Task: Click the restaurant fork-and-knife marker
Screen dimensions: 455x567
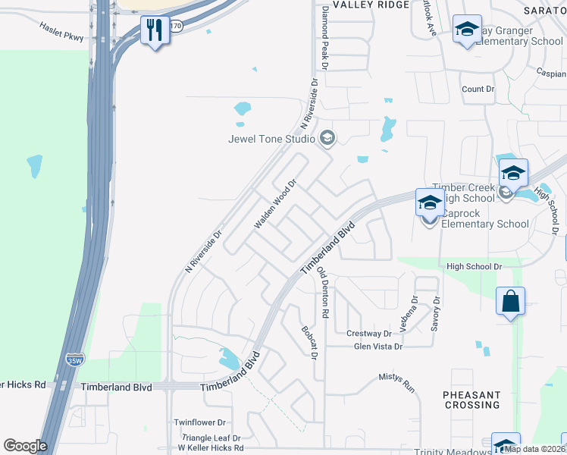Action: pos(155,30)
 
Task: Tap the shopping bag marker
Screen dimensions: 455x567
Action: pos(511,301)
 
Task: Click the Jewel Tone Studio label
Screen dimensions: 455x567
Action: pos(272,138)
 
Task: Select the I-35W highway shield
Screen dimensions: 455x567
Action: pos(75,359)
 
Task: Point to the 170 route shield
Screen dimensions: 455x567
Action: pos(176,26)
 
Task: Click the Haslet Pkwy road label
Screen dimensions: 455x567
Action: pos(63,28)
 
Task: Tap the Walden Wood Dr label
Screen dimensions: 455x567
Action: pos(273,204)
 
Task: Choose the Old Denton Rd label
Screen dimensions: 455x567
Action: pos(323,292)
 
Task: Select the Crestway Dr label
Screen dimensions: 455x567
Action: pos(368,334)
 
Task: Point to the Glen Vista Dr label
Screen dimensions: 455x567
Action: pos(378,347)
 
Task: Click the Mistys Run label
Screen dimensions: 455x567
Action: pos(397,383)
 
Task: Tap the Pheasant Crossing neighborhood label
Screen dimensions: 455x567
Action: pos(471,400)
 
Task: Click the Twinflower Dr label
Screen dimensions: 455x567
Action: pos(200,422)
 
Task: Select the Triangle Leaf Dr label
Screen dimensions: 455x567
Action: pos(210,438)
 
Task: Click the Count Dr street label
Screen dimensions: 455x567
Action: pos(478,89)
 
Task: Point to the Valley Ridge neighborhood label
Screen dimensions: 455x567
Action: pos(359,5)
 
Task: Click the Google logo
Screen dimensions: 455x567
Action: pos(25,446)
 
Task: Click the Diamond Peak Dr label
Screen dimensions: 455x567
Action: pos(324,38)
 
